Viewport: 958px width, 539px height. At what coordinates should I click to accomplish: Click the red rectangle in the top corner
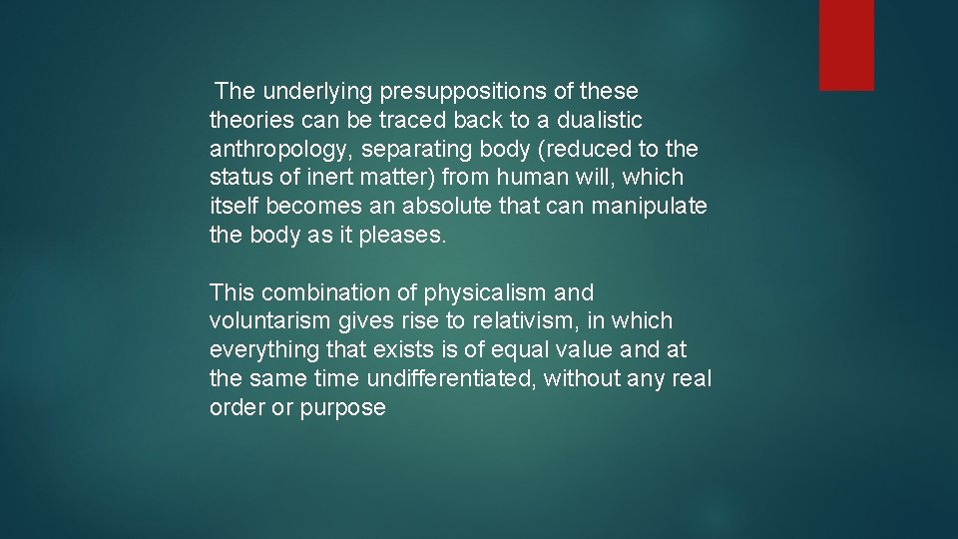tap(846, 45)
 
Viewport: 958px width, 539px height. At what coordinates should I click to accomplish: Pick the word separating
tap(409, 150)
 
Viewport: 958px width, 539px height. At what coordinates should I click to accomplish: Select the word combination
tap(324, 293)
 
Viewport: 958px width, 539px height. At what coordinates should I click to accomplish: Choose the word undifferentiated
tap(451, 380)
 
